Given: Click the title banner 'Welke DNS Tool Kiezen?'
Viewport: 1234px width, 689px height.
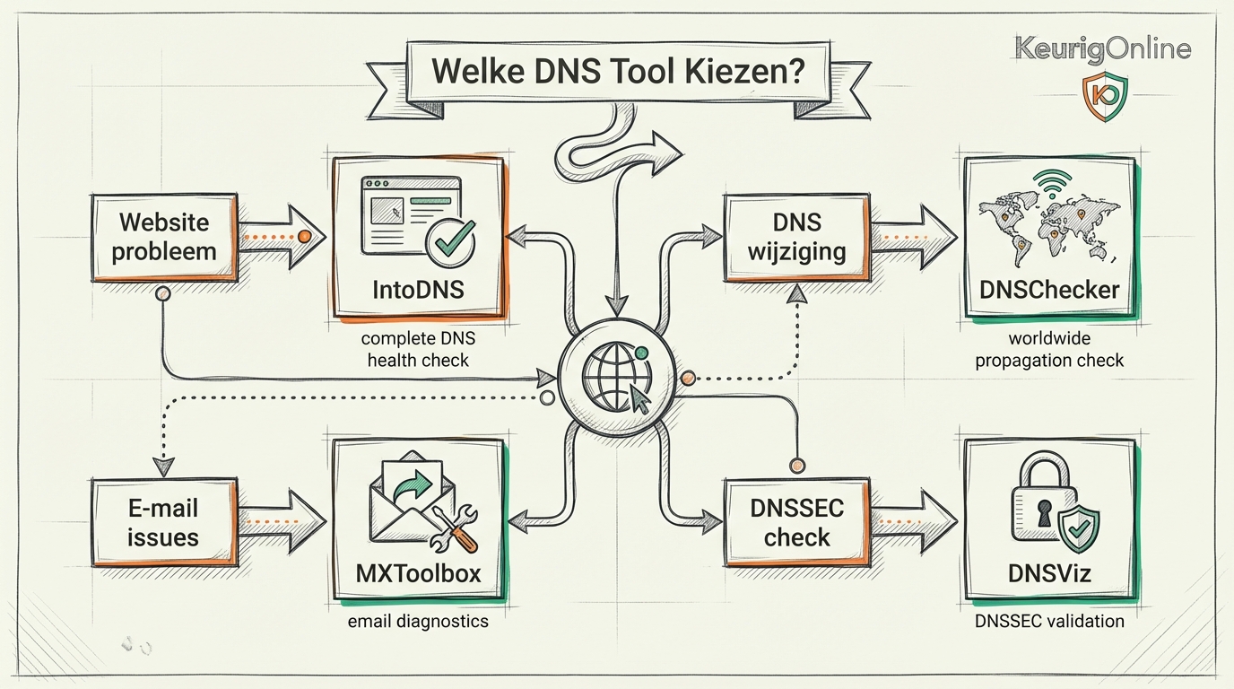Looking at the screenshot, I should coord(616,72).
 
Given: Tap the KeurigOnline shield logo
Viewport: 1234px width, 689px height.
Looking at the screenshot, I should coord(1104,96).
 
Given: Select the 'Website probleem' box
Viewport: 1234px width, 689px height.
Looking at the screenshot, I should coord(163,236).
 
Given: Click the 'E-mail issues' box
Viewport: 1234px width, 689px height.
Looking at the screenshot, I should coord(163,522).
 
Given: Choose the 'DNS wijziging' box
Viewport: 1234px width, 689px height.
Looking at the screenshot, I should coord(796,236).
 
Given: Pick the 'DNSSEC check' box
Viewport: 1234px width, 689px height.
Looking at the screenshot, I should coord(796,522).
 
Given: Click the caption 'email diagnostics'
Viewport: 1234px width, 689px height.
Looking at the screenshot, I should coord(418,620).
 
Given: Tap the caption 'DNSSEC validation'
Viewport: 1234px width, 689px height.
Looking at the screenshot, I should coord(1049,620).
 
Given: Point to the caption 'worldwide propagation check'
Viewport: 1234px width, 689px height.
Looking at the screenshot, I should coord(1049,350).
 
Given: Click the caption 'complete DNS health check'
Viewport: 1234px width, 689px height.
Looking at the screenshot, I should coord(418,350).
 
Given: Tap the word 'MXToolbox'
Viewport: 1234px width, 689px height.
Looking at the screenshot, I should coord(418,571).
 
